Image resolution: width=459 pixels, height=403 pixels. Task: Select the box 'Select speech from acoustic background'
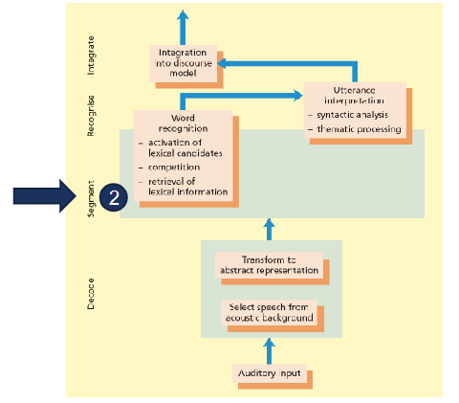pyautogui.click(x=269, y=312)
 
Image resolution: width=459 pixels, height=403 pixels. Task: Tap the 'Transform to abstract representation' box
pyautogui.click(x=268, y=265)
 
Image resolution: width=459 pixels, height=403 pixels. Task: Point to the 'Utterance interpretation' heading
pyautogui.click(x=354, y=94)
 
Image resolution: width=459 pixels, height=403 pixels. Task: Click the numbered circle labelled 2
pyautogui.click(x=114, y=197)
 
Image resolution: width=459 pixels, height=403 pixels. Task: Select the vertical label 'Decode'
pyautogui.click(x=91, y=289)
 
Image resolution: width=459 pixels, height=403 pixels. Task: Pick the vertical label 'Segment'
pyautogui.click(x=91, y=198)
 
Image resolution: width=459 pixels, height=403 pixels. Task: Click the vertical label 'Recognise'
pyautogui.click(x=91, y=115)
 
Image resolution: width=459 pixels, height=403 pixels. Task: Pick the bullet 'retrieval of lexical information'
pyautogui.click(x=187, y=186)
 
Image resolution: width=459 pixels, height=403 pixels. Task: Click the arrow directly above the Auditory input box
pyautogui.click(x=269, y=347)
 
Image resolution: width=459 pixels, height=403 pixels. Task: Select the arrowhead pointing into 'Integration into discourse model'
pyautogui.click(x=222, y=63)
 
